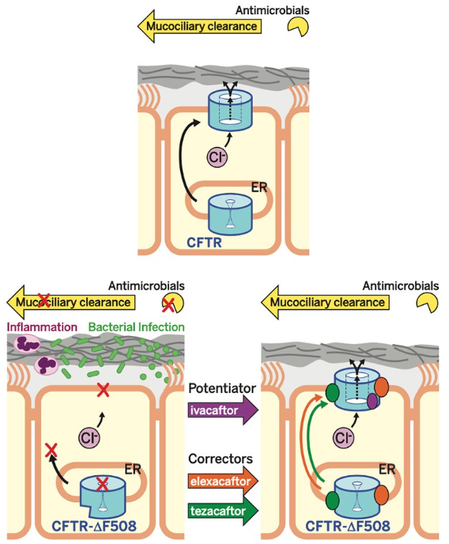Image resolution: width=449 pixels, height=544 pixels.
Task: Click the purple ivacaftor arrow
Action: [x=223, y=410]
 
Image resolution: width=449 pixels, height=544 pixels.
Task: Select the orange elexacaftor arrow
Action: [x=223, y=482]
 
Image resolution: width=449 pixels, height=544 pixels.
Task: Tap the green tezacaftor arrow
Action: [x=223, y=511]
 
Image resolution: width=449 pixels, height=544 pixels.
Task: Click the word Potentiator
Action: [x=222, y=388]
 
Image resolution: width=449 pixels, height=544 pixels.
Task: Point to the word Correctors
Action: [x=221, y=459]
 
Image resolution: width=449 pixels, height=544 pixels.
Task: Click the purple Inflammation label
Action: [x=42, y=327]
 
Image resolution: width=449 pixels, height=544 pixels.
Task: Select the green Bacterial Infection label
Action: [x=136, y=327]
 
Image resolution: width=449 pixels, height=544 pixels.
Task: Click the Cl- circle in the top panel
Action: [x=217, y=157]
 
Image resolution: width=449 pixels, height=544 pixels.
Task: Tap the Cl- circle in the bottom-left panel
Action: [x=89, y=437]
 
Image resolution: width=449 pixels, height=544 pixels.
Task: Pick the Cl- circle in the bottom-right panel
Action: [x=343, y=437]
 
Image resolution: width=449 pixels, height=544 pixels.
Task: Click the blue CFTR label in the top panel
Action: [x=204, y=243]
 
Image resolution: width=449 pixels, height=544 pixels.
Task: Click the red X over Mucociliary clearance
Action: [x=43, y=300]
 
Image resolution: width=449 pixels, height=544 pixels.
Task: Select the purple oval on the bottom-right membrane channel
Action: [x=372, y=401]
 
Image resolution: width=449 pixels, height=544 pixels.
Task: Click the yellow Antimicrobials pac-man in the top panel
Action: [x=298, y=26]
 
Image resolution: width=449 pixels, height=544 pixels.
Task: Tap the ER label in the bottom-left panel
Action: [x=133, y=470]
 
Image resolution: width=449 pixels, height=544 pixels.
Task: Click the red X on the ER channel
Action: [x=102, y=484]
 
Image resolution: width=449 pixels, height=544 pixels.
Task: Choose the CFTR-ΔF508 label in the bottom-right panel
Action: [x=347, y=526]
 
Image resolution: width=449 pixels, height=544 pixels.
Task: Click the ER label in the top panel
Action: [x=259, y=187]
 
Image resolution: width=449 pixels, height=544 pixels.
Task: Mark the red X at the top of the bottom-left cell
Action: [x=103, y=390]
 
